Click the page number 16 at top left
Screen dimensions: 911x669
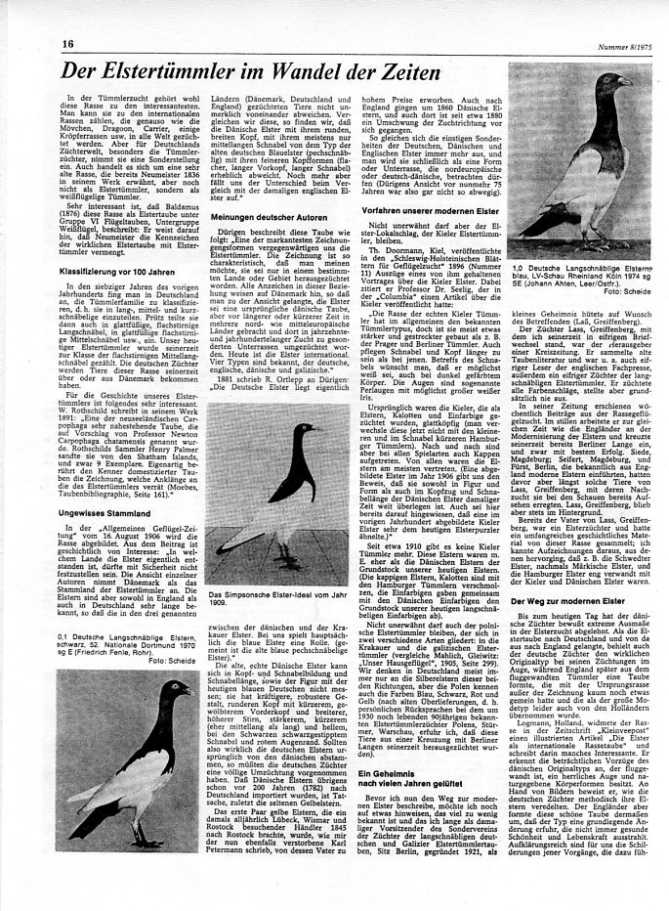(68, 44)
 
